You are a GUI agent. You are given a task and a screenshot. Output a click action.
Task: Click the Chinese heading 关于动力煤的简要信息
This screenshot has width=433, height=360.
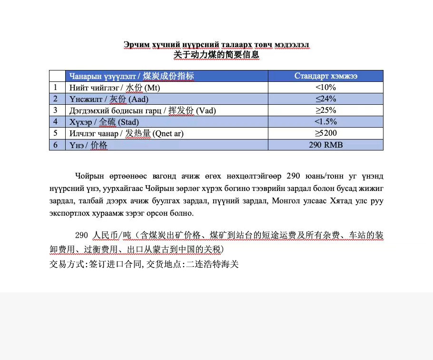(x=216, y=55)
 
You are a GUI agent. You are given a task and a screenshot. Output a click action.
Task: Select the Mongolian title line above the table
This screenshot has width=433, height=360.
(x=216, y=45)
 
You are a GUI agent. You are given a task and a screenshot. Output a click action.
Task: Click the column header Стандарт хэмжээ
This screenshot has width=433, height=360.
(x=325, y=76)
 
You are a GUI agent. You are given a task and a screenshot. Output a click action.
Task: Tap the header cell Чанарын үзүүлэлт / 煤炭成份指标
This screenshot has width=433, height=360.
(x=132, y=76)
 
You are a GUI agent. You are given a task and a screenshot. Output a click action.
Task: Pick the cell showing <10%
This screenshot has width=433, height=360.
(x=325, y=88)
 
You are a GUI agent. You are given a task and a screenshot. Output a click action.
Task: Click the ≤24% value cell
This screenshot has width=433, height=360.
(x=325, y=99)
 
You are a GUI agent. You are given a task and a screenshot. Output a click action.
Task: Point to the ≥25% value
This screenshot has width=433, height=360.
(x=325, y=110)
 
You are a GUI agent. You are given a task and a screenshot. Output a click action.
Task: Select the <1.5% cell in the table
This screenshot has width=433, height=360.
(x=325, y=122)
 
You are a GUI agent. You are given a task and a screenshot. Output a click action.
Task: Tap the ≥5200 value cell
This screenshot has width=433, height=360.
(x=325, y=133)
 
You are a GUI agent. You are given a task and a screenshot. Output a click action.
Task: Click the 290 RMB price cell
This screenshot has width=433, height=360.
(x=325, y=145)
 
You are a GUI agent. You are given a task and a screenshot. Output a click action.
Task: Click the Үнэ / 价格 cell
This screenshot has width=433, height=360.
(x=89, y=145)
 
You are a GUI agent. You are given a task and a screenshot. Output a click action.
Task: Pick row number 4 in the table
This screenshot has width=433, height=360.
(x=56, y=122)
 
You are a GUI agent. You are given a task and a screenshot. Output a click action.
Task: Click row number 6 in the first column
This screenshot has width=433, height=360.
(x=56, y=145)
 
